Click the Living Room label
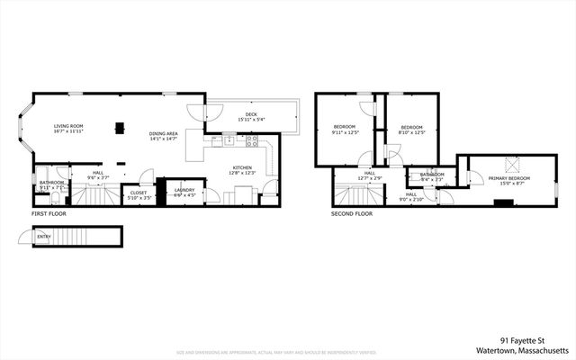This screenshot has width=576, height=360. click(x=68, y=127)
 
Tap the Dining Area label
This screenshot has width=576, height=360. click(x=164, y=134)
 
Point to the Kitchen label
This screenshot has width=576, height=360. click(x=243, y=167)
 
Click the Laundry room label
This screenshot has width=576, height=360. click(x=184, y=190)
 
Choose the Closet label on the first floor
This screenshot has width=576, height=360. click(x=139, y=192)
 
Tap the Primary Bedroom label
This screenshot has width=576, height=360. click(x=509, y=178)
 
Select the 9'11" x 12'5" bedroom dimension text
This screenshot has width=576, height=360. click(x=345, y=133)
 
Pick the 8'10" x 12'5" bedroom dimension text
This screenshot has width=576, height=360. click(x=411, y=133)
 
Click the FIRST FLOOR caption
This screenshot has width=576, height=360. click(x=50, y=214)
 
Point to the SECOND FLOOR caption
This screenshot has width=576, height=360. click(x=352, y=214)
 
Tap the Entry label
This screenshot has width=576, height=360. click(x=44, y=238)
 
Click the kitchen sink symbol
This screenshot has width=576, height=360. click(x=230, y=140)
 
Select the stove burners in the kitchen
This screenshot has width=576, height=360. click(x=253, y=140)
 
